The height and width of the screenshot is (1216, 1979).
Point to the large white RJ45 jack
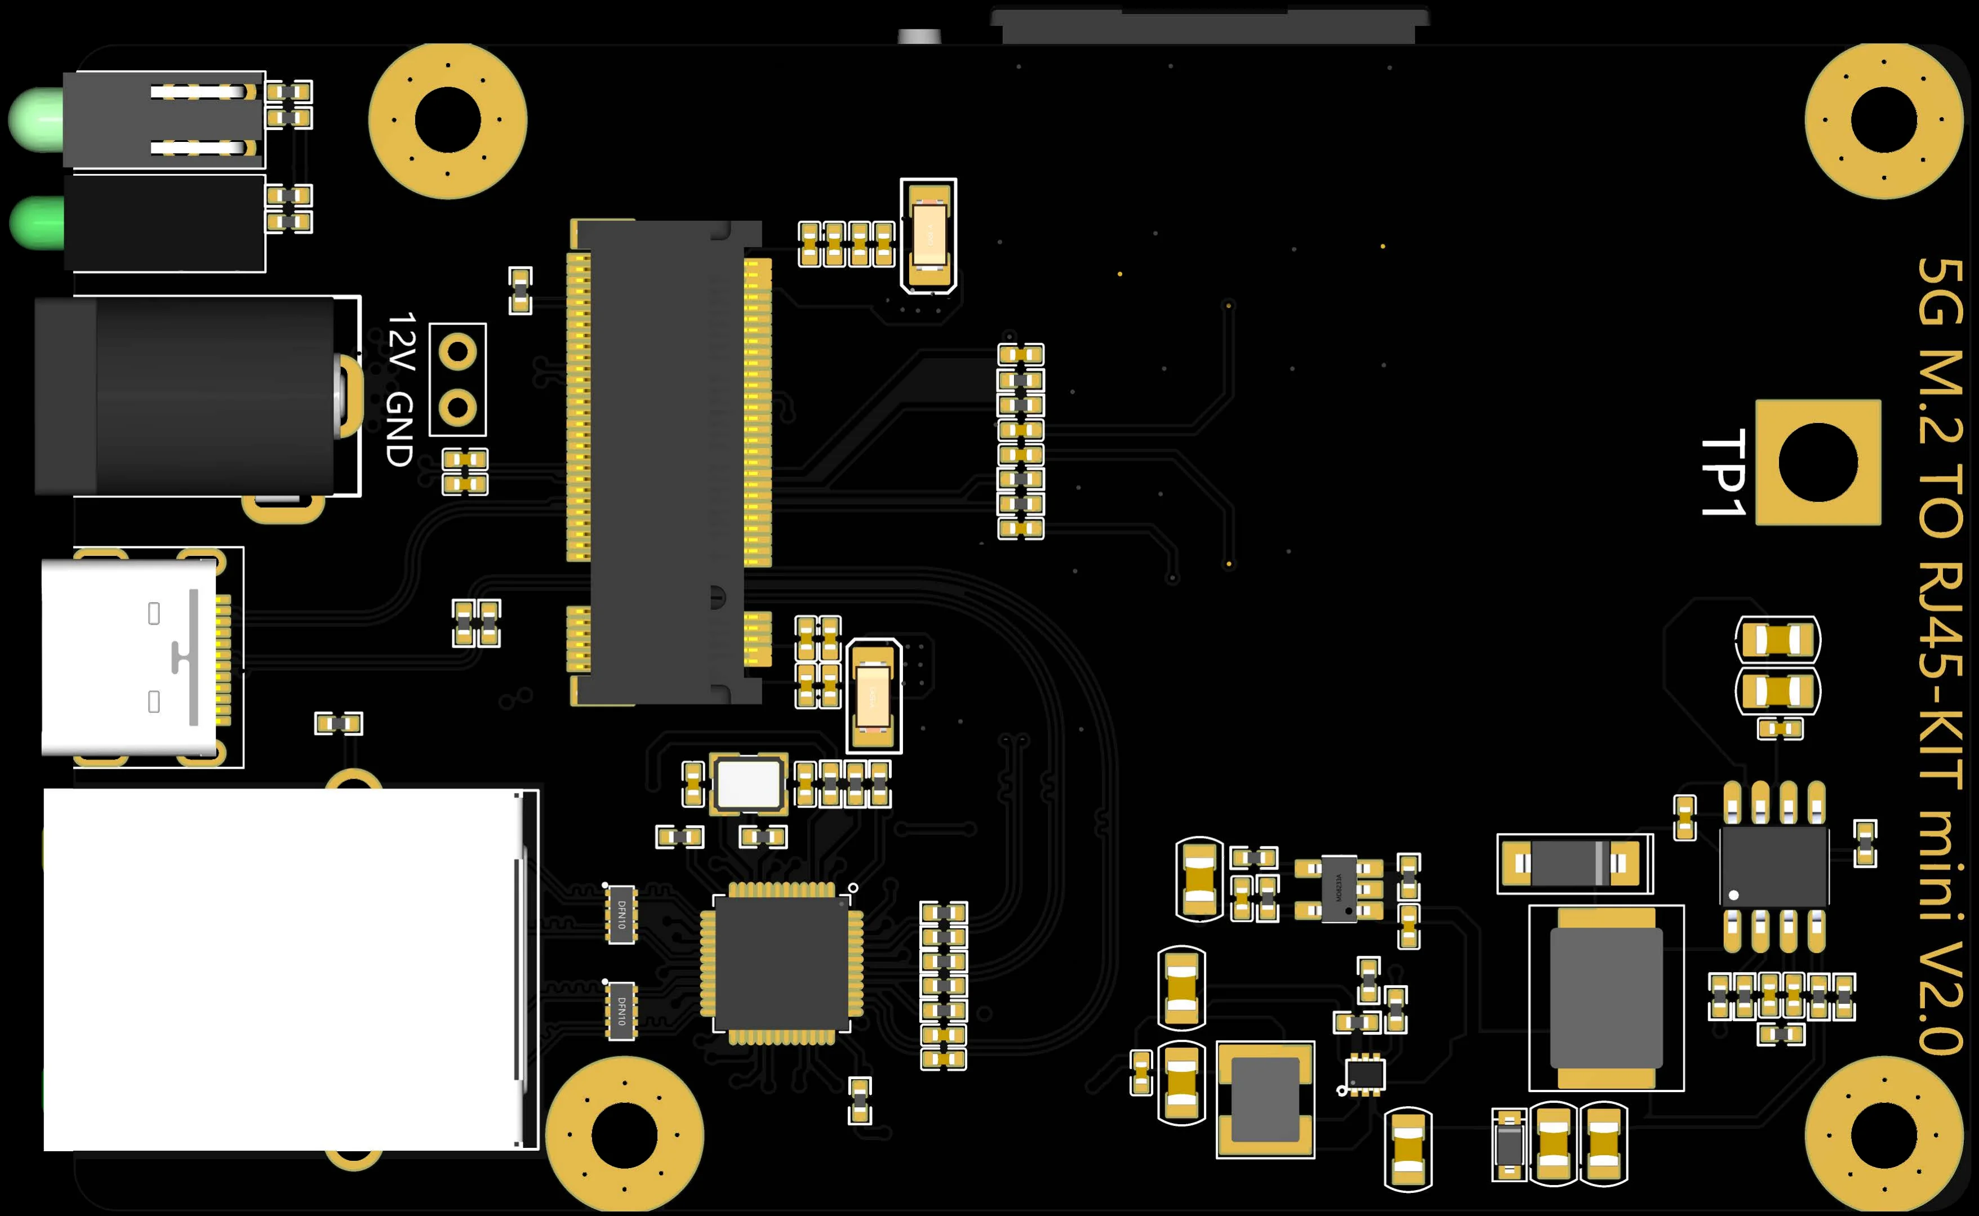[282, 969]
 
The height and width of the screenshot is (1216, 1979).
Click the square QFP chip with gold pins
[781, 963]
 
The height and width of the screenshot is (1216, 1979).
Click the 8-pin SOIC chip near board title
[1774, 867]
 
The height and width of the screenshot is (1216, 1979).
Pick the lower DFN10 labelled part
[621, 1010]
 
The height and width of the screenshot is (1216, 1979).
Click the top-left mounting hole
[447, 120]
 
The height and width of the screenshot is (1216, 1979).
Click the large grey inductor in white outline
[1606, 997]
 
